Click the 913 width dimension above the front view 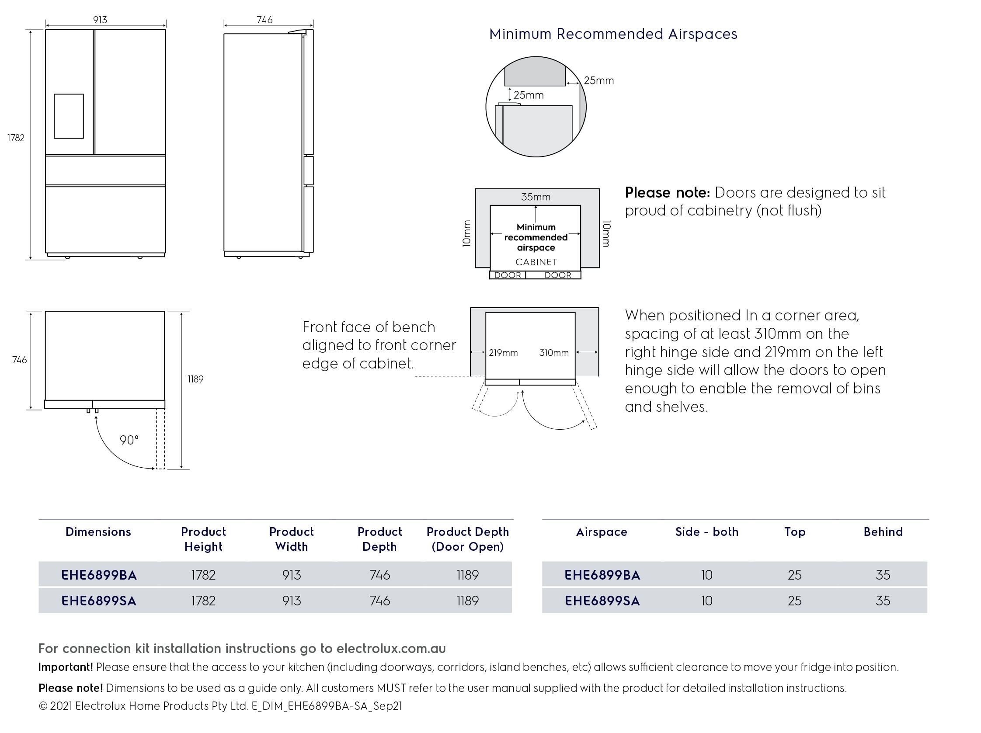coord(100,20)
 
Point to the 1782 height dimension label coord(16,138)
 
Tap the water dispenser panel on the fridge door coord(69,116)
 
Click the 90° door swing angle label coord(129,440)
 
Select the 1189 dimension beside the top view coord(195,379)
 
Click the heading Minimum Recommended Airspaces coord(613,34)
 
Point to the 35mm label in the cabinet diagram coord(536,197)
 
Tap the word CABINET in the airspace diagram coord(536,262)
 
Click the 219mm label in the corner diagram coord(503,353)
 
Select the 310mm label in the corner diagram coord(554,353)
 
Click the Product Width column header coord(292,539)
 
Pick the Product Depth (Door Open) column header coord(467,539)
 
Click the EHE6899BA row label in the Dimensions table coord(99,575)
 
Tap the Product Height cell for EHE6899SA coord(203,601)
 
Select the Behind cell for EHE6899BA coord(883,575)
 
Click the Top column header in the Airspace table coord(795,532)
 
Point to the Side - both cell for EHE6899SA coord(706,601)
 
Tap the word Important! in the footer coord(66,667)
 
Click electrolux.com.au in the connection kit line coord(391,648)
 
